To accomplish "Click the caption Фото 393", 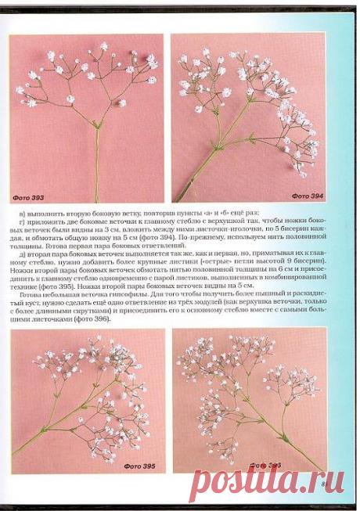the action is [x=29, y=196].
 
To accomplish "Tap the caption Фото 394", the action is [x=308, y=196].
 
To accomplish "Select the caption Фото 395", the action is [x=139, y=466].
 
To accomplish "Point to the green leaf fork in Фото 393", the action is [x=95, y=124].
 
